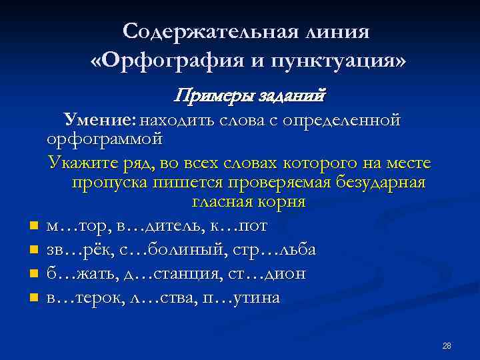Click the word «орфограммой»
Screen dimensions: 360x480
pos(105,140)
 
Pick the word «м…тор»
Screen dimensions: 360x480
pos(71,226)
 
